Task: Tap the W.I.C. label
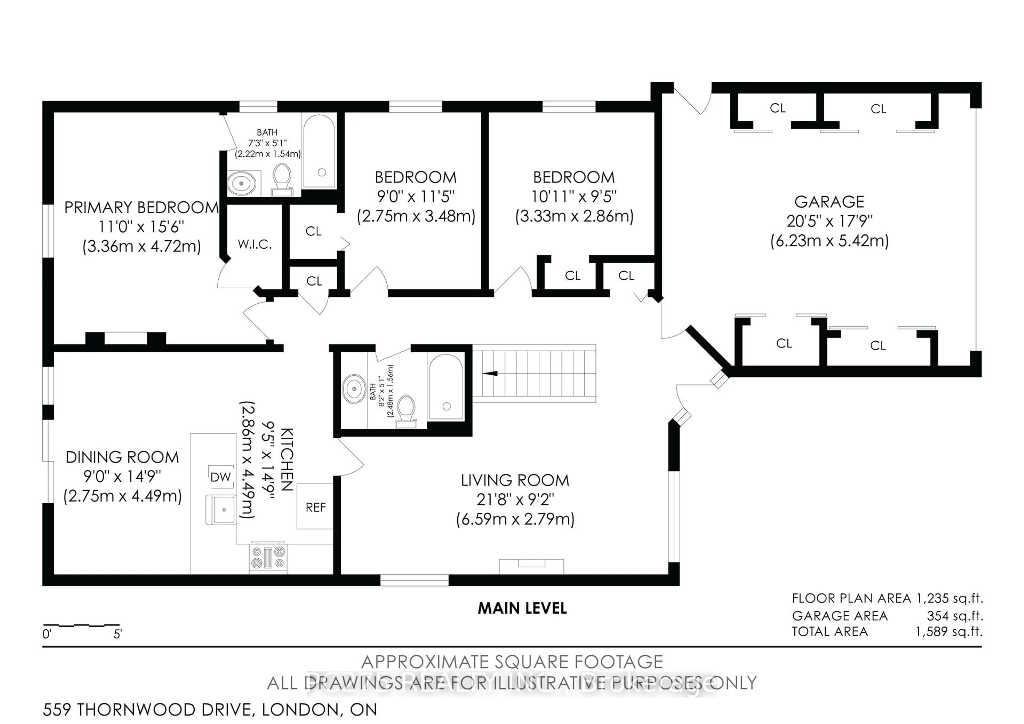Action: [x=255, y=244]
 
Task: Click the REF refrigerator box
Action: [x=315, y=507]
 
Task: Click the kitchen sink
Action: [x=221, y=510]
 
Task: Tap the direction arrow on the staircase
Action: [x=491, y=373]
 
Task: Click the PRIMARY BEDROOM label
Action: [x=141, y=208]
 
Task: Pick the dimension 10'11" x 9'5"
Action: [x=574, y=197]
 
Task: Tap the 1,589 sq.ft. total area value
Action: [x=949, y=632]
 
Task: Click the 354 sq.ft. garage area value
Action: [x=954, y=616]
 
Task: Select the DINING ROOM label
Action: [x=122, y=457]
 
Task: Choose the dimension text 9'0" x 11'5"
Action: [x=415, y=197]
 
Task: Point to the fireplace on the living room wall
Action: [x=531, y=566]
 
